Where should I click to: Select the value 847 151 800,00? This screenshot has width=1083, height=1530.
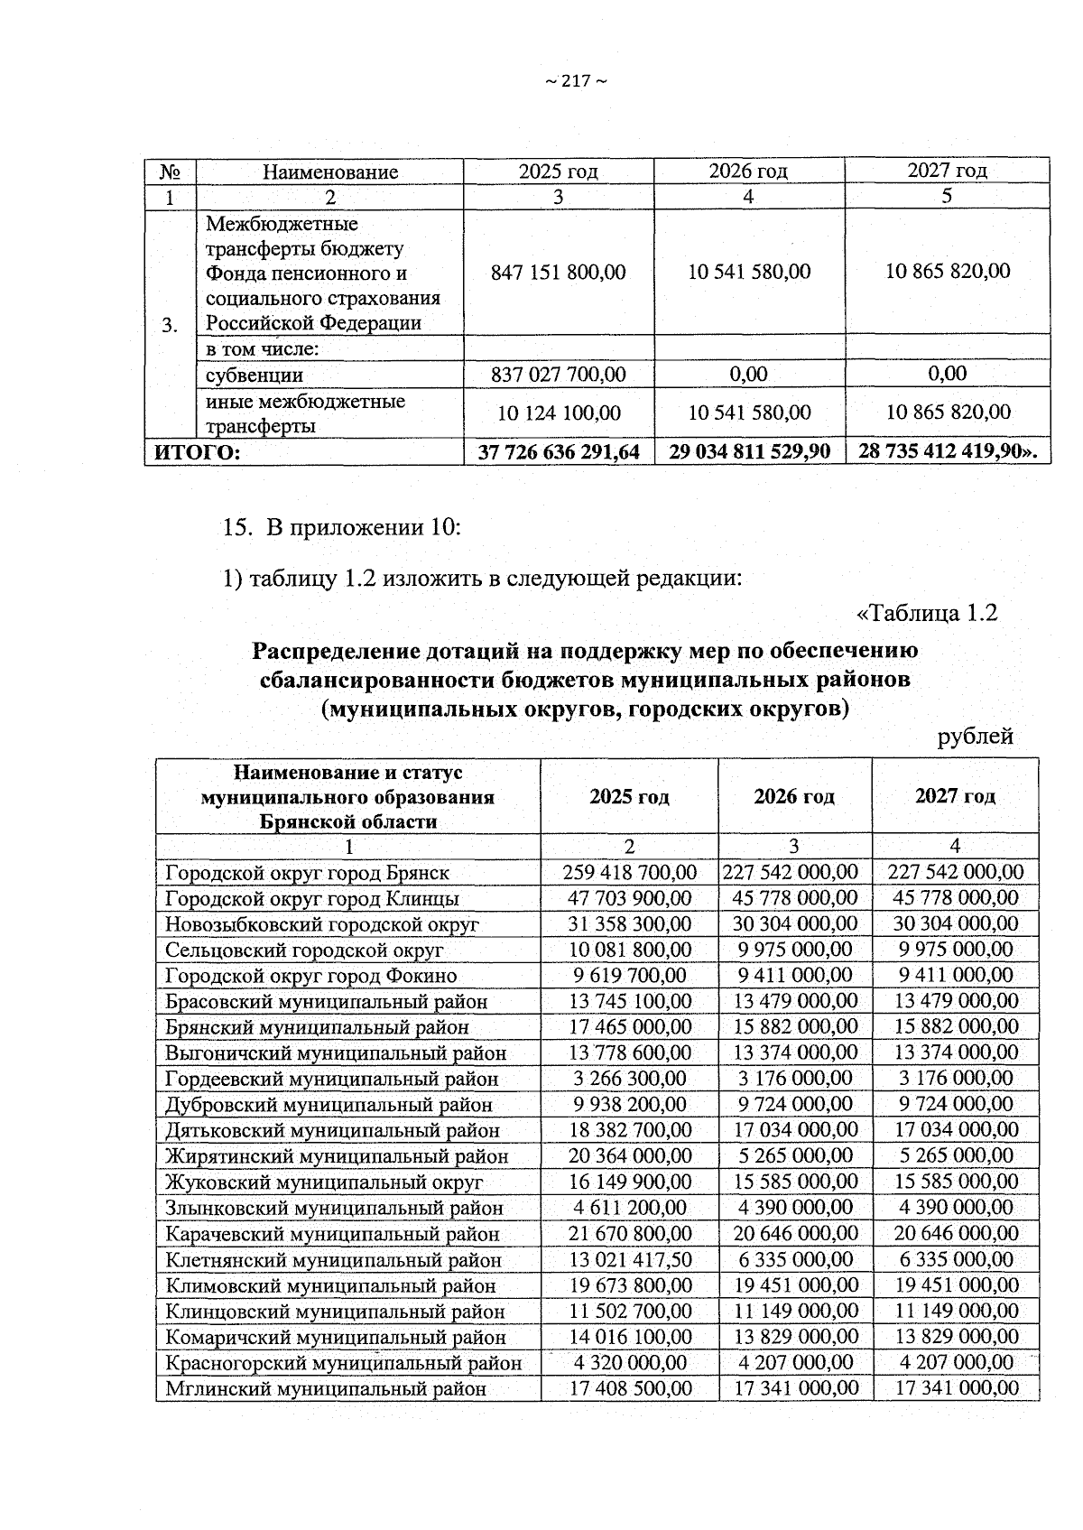tap(558, 272)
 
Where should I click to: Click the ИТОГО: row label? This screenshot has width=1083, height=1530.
tap(198, 452)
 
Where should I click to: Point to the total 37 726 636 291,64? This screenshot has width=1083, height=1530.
tap(558, 452)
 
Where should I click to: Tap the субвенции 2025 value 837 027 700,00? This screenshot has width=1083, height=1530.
tap(558, 374)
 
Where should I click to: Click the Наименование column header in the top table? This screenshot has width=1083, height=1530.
tap(330, 172)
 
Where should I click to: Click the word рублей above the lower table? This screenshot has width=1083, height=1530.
tap(976, 737)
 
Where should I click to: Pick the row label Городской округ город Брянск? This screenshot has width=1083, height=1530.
tap(307, 873)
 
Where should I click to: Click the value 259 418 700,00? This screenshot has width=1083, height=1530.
tap(629, 872)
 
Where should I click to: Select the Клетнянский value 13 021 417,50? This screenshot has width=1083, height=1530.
tap(629, 1259)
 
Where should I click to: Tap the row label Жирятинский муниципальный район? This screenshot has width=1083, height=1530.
tap(337, 1156)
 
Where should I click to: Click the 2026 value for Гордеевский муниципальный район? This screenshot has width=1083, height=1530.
tap(794, 1079)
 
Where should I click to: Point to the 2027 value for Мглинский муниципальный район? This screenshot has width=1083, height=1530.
tap(956, 1388)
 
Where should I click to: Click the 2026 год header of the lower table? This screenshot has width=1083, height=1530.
tap(794, 796)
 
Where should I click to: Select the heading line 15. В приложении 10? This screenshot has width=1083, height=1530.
tap(342, 527)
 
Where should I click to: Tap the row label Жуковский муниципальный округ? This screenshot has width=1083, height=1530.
tap(324, 1182)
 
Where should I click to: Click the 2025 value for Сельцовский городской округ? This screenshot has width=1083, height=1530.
tap(629, 950)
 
